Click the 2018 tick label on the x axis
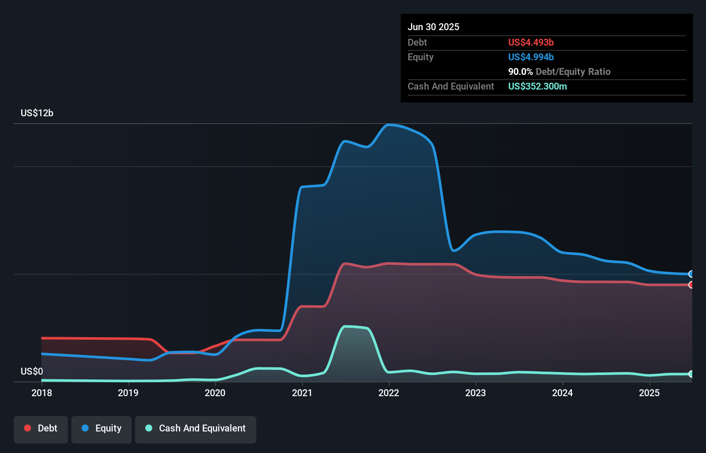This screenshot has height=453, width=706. click(x=42, y=393)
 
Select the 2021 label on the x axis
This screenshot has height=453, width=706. click(x=302, y=393)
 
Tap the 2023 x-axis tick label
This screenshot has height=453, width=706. click(x=476, y=393)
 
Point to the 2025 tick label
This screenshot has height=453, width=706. click(x=649, y=393)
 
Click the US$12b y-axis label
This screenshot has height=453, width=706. click(x=37, y=113)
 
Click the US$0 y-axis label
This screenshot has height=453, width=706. click(x=32, y=371)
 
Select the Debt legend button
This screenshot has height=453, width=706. click(x=41, y=428)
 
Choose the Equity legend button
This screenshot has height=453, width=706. click(x=101, y=428)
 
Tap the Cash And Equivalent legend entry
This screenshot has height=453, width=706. click(x=196, y=428)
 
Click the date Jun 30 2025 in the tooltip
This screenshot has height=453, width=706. click(x=433, y=27)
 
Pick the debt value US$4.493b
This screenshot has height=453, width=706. click(x=531, y=43)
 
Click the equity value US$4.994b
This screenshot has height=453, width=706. click(x=531, y=57)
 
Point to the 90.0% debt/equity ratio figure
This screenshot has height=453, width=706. click(x=520, y=72)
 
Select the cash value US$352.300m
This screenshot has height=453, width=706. click(x=537, y=87)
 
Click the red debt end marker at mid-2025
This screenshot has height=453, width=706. click(x=691, y=285)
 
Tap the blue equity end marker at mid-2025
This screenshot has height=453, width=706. click(x=691, y=274)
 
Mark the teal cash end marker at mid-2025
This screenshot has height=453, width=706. click(x=691, y=374)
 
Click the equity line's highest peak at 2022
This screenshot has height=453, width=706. click(x=389, y=125)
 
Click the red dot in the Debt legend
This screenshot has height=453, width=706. click(x=28, y=428)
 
